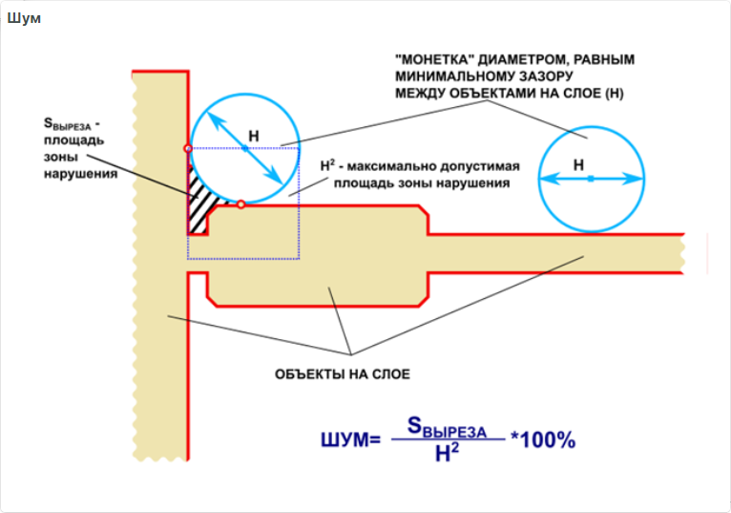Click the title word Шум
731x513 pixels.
24,19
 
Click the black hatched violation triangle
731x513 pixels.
198,202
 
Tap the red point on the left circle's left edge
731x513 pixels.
188,148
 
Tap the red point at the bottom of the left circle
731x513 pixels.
241,203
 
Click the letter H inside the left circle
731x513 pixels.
253,138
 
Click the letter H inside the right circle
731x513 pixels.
578,164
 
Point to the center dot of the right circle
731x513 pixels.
591,179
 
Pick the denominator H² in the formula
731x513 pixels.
447,454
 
